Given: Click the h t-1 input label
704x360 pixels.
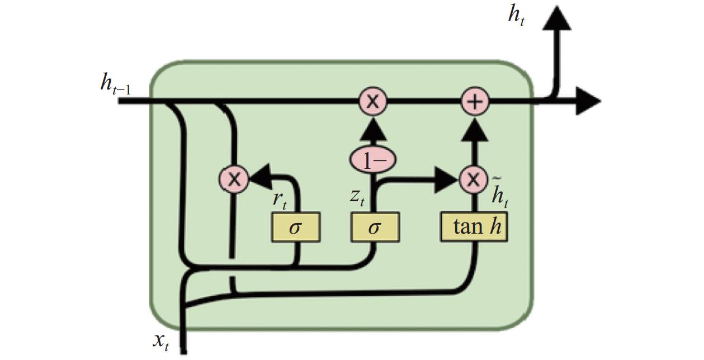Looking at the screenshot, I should (x=116, y=85).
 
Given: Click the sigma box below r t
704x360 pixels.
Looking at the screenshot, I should (x=296, y=228).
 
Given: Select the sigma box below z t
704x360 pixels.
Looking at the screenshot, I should (x=375, y=228).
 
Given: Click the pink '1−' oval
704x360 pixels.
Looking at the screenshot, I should (x=373, y=160).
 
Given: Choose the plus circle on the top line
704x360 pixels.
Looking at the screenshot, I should (x=475, y=102).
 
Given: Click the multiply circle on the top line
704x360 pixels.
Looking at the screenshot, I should (x=372, y=102).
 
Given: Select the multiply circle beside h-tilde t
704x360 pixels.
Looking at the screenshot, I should (x=474, y=179).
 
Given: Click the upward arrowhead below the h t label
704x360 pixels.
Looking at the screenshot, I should (x=557, y=18).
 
